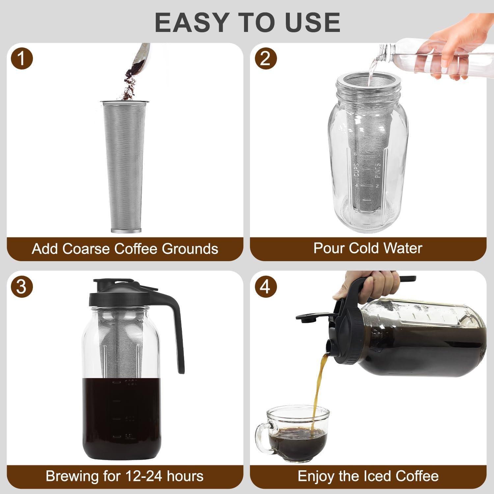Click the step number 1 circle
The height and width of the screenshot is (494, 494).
coord(21,59)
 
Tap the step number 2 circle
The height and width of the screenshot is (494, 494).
coord(266,59)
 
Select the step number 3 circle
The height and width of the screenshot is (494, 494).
coord(21,287)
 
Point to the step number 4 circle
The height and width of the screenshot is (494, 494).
coord(266,287)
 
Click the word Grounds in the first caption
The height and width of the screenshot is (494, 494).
coord(190,249)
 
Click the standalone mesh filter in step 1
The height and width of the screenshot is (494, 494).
coord(124,165)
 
